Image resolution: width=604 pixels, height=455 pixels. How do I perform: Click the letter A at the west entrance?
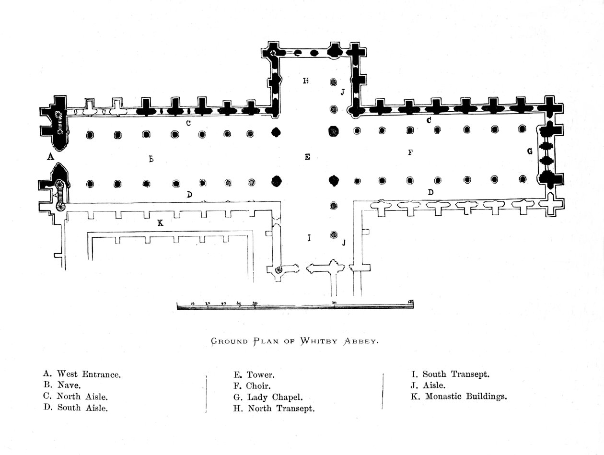49,156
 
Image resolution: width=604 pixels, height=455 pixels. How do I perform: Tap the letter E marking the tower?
307,157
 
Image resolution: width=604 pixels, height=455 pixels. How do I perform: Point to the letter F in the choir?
410,153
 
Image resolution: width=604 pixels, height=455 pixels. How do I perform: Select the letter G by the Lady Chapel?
530,152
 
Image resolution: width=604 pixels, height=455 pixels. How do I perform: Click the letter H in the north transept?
305,81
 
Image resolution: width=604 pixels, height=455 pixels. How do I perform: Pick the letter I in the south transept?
309,238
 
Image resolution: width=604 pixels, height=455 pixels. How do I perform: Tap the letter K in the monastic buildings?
160,223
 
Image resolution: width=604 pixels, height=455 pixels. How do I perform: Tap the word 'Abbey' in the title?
360,341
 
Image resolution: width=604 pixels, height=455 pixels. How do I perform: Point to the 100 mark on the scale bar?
334,304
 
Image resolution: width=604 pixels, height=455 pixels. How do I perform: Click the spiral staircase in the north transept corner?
274,54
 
